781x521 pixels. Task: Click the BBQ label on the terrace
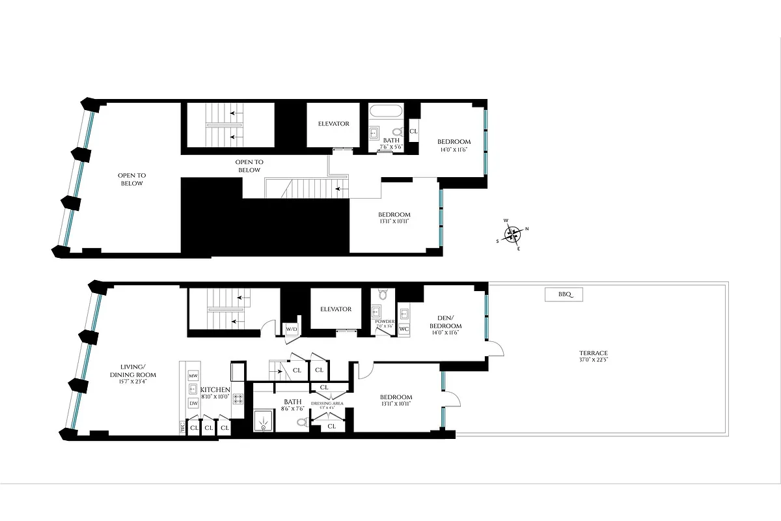tap(564, 295)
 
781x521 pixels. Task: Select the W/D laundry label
tap(292, 330)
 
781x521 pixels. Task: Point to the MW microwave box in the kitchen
tap(193, 376)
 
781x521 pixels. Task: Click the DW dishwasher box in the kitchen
tap(193, 404)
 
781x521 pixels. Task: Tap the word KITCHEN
tap(215, 389)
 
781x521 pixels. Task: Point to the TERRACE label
tap(593, 352)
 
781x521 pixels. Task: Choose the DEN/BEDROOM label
tap(446, 322)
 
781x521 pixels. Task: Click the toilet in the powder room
tap(383, 294)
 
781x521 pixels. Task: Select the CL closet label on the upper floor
tap(413, 132)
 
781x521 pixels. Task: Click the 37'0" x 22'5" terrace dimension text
tap(593, 359)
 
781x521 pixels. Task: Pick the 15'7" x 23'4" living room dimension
tap(133, 383)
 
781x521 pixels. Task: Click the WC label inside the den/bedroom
tap(404, 328)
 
